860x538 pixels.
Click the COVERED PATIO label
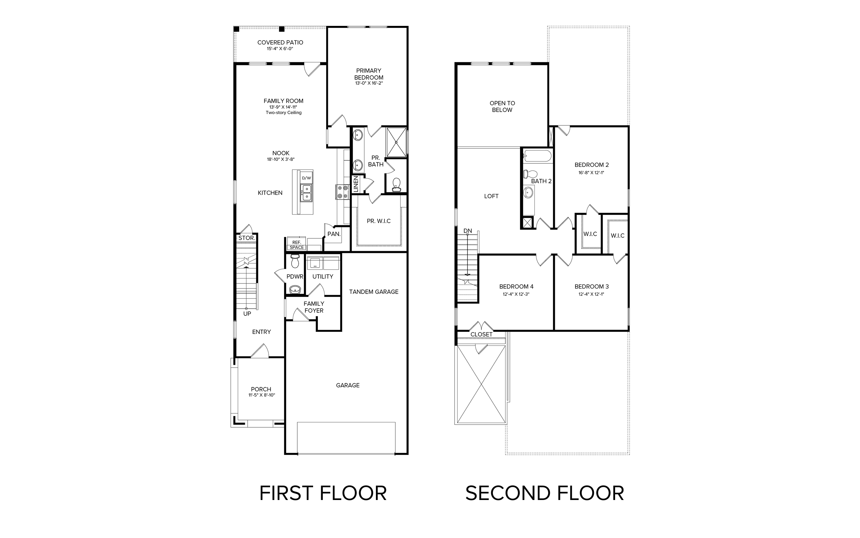[x=281, y=42]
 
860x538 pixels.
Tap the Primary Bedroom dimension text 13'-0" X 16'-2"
[x=369, y=83]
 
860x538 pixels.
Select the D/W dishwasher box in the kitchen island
[x=306, y=178]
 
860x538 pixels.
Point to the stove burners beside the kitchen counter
[x=343, y=192]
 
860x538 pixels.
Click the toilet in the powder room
[x=295, y=261]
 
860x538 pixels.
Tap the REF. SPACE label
[x=297, y=245]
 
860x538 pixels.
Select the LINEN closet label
[x=356, y=184]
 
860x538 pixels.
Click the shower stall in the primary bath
[x=396, y=142]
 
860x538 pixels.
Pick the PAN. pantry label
[x=334, y=234]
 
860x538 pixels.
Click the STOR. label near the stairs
[x=246, y=238]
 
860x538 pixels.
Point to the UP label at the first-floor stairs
[x=247, y=314]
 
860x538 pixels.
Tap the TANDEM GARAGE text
[x=374, y=292]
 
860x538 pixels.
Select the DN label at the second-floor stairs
[x=468, y=231]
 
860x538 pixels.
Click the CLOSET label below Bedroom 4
[x=481, y=335]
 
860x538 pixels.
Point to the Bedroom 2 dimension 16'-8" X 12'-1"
[x=592, y=173]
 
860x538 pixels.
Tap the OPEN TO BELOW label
[x=502, y=107]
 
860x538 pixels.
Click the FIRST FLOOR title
[x=323, y=494]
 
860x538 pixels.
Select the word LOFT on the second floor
[x=491, y=196]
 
